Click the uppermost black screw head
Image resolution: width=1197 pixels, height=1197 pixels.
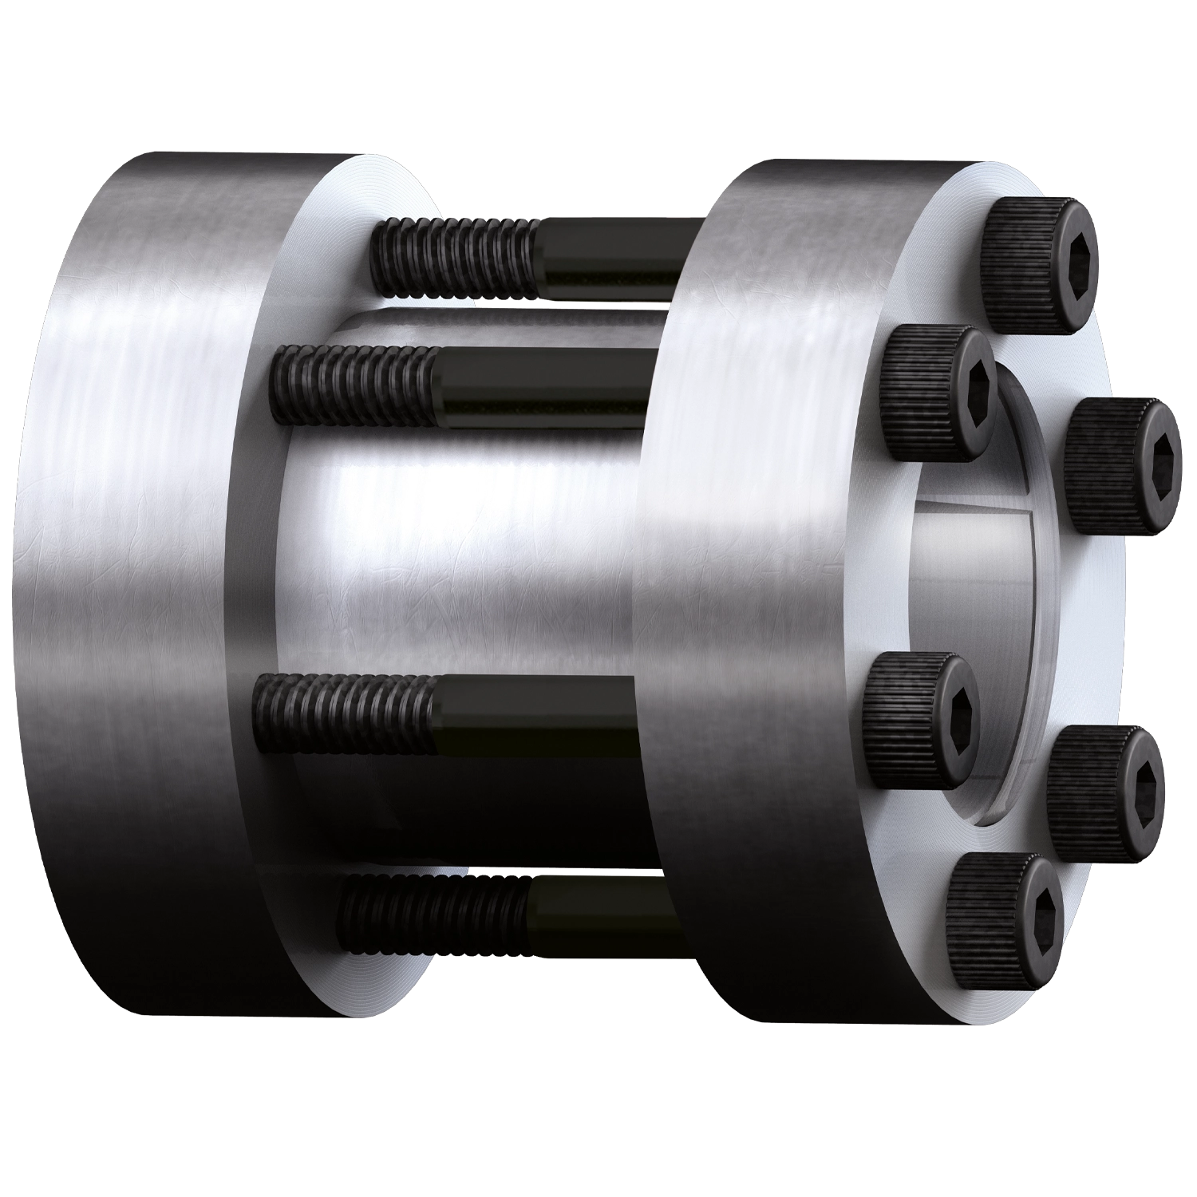click(x=1037, y=263)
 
